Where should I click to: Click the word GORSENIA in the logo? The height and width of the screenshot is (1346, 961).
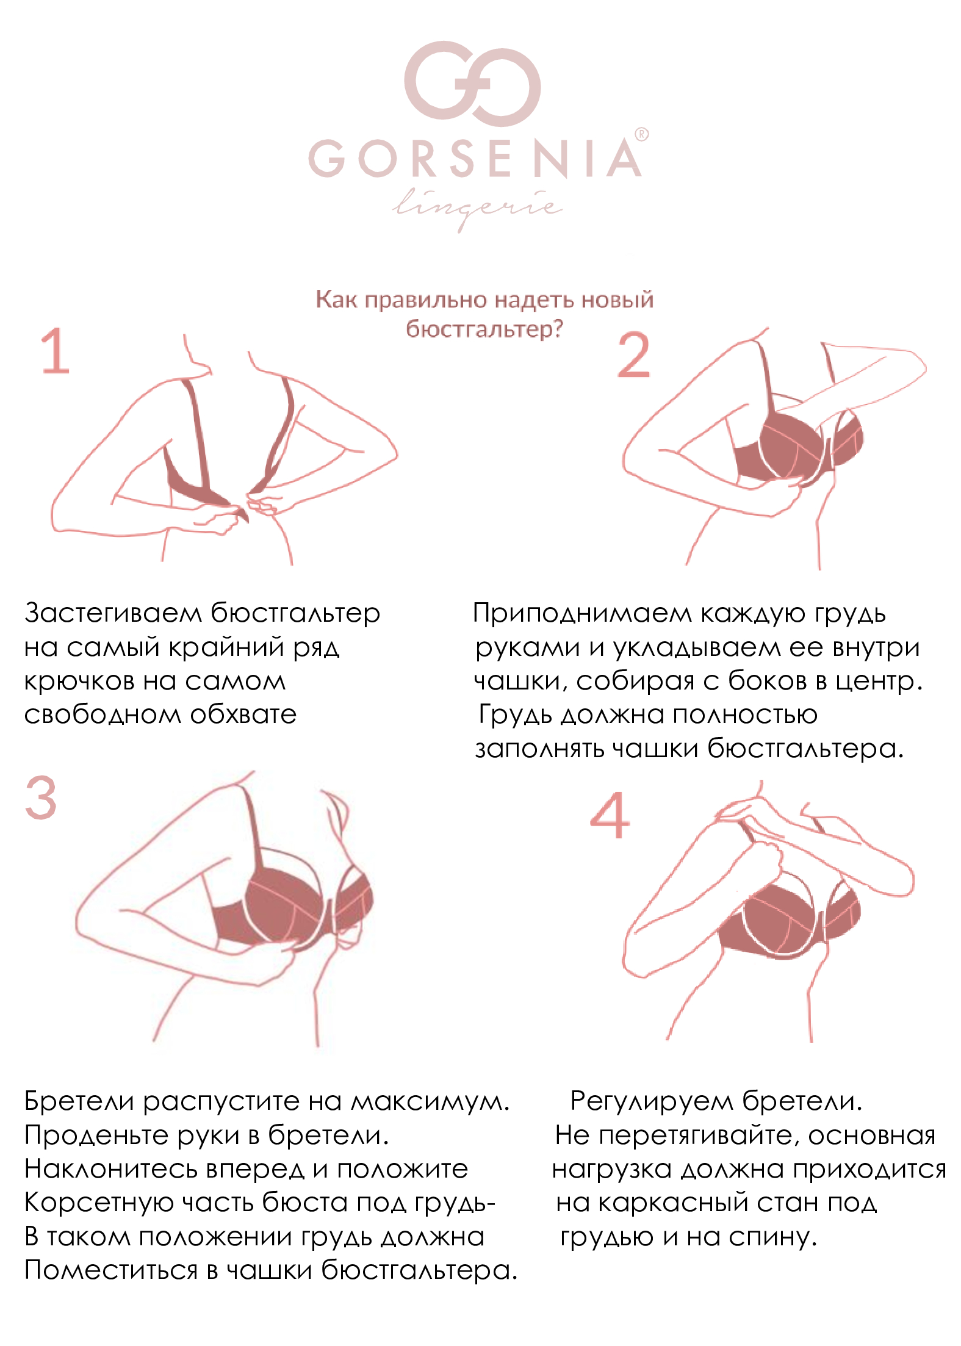click(x=475, y=159)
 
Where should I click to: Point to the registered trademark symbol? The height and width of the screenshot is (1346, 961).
click(x=641, y=134)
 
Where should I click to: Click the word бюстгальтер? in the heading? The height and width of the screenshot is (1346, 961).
click(x=484, y=330)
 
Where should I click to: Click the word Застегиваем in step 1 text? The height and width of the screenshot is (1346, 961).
click(x=113, y=613)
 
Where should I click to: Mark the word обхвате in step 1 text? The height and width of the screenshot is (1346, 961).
click(x=243, y=714)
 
